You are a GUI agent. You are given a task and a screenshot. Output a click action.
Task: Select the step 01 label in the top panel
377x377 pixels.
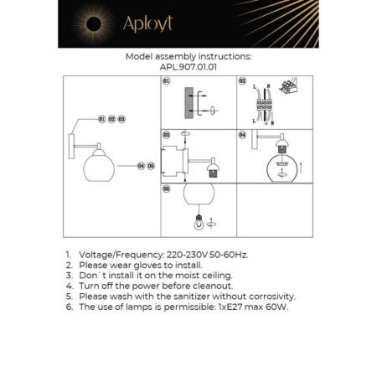[166, 81]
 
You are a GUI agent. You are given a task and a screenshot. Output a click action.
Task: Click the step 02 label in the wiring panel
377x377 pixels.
[242, 81]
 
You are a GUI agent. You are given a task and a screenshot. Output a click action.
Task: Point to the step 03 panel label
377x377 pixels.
[166, 134]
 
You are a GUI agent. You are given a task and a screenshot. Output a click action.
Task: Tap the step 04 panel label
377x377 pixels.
[242, 134]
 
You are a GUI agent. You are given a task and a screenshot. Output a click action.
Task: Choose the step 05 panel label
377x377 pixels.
[166, 188]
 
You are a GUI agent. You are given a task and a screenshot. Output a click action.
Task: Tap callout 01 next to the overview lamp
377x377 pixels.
[101, 120]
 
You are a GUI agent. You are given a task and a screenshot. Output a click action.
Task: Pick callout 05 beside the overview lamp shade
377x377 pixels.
[152, 166]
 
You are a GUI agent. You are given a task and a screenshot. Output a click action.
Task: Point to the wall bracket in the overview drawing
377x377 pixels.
[74, 142]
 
